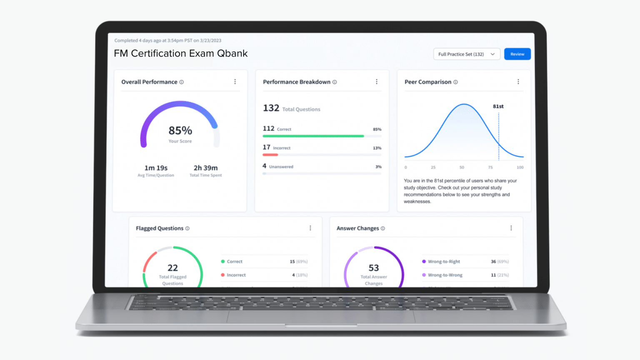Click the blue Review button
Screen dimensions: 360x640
coord(517,54)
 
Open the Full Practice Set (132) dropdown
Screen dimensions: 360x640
coord(466,54)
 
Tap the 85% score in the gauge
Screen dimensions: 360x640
coord(180,131)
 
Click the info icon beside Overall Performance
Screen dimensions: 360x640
coord(182,82)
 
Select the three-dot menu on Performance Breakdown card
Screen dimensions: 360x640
coord(377,82)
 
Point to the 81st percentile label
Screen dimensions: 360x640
coord(498,106)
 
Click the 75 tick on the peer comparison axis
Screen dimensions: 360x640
coord(490,167)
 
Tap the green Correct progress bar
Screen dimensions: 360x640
coord(313,136)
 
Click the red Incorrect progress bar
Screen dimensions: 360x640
coord(270,155)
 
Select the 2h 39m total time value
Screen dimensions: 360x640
coord(205,168)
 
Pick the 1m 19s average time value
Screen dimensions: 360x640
coord(156,168)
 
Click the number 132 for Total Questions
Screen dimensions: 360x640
coord(271,108)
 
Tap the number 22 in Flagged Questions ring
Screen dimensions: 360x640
coord(172,268)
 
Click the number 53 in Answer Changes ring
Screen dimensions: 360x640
coord(374,268)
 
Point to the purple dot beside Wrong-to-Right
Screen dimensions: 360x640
coord(424,262)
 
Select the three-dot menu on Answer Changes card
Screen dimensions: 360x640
coord(511,228)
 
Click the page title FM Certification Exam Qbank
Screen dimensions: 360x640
coord(181,54)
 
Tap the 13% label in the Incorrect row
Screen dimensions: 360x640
coord(377,148)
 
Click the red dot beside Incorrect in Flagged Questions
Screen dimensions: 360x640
coord(223,275)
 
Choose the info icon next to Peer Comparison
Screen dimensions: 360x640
coord(455,82)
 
